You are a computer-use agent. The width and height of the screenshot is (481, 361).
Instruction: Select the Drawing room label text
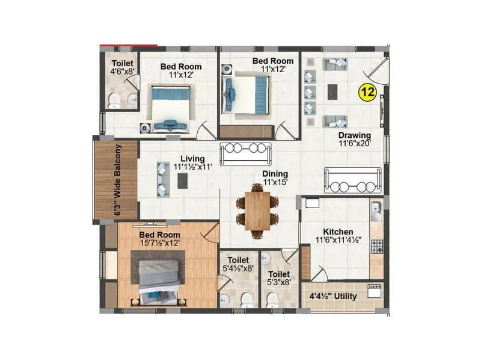pos(354,135)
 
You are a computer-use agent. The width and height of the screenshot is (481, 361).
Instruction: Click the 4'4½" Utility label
pos(332,297)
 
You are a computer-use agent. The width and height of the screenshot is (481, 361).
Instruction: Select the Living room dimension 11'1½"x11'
pos(193,167)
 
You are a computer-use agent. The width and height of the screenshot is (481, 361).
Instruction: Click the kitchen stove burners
pos(377,246)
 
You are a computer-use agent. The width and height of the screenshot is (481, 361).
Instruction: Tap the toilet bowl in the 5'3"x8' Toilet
pos(272,299)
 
